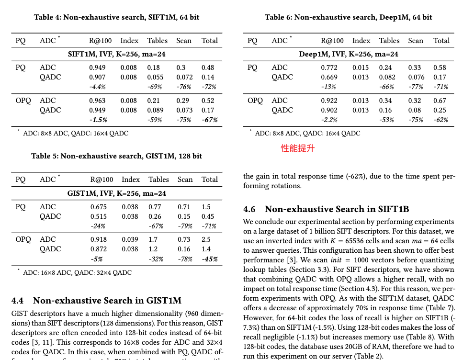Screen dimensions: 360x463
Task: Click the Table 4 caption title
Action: point(116,17)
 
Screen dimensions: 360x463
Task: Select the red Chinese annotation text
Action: point(297,149)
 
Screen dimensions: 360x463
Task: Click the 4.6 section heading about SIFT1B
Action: point(326,209)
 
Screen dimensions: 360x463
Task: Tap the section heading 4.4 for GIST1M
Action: point(96,301)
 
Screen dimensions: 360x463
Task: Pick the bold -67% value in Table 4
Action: point(209,120)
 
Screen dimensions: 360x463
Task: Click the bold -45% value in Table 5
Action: point(209,259)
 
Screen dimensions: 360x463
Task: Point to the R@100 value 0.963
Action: point(97,101)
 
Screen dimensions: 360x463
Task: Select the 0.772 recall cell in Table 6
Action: point(329,68)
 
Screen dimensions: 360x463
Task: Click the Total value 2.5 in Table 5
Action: point(206,239)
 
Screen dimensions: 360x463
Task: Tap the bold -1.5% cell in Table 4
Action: point(98,120)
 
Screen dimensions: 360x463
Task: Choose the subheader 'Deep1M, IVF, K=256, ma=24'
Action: point(349,54)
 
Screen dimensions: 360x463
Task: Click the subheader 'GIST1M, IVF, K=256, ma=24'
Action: point(117,193)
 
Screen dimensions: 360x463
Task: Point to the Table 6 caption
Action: point(348,17)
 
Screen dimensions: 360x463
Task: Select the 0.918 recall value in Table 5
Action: point(99,239)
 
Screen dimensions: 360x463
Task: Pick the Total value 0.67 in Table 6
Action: point(440,101)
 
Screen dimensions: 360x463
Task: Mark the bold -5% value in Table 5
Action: point(96,259)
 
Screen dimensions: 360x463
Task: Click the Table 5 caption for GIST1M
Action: point(116,156)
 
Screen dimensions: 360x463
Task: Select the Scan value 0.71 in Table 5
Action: point(184,207)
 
